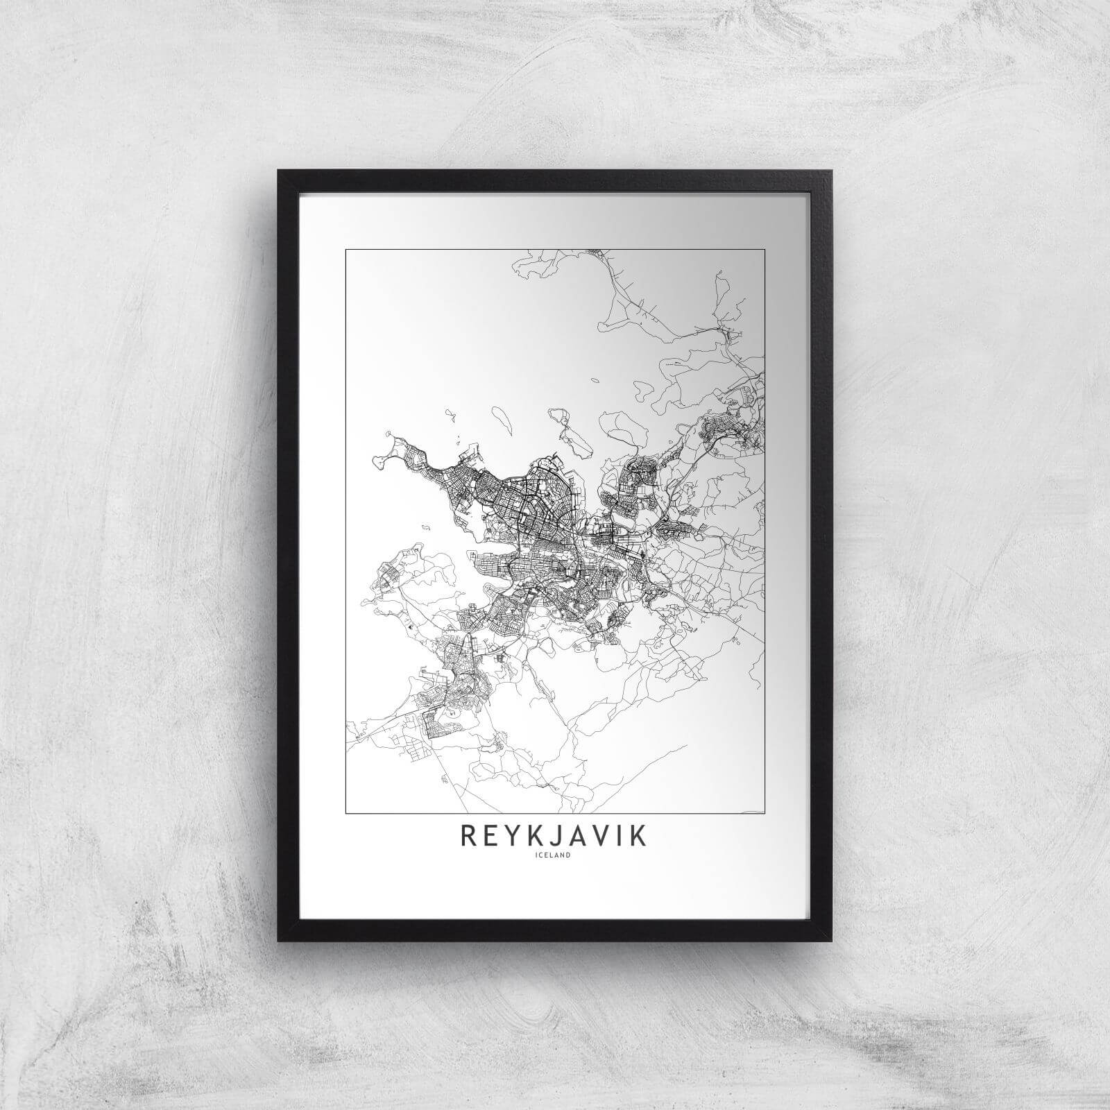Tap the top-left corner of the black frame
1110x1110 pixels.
click(x=280, y=171)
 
